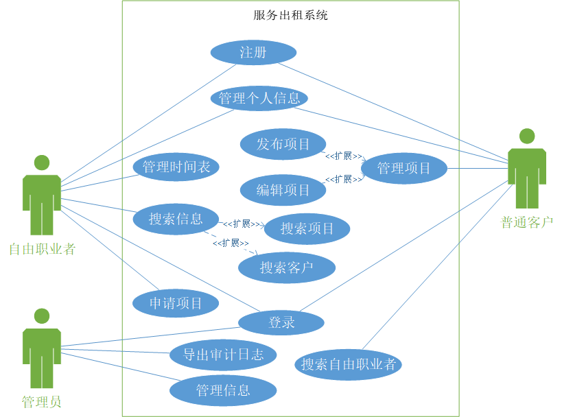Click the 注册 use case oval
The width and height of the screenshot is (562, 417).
(253, 53)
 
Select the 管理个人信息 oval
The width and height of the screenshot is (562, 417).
(259, 98)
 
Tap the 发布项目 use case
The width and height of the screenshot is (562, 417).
(283, 144)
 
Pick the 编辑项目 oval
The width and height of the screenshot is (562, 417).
(283, 190)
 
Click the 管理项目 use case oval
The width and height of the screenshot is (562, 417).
(404, 168)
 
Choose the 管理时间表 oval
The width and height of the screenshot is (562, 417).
(176, 167)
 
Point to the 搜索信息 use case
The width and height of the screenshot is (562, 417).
(176, 219)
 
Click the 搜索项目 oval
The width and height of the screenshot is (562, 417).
(307, 229)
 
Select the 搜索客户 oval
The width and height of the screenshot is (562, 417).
(286, 267)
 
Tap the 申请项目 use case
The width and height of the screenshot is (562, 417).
(176, 303)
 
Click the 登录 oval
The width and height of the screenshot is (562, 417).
(281, 322)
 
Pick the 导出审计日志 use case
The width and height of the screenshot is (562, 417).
(223, 355)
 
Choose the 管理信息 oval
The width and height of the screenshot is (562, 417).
(223, 391)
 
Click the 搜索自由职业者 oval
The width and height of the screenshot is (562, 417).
(349, 364)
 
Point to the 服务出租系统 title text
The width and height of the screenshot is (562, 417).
(290, 15)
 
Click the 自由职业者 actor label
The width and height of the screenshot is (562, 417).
(42, 249)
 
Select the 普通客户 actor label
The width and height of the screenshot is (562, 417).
(526, 222)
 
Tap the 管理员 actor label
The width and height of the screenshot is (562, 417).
(42, 402)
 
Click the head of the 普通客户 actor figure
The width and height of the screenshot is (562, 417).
(526, 136)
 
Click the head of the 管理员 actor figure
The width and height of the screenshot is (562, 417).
(42, 315)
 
